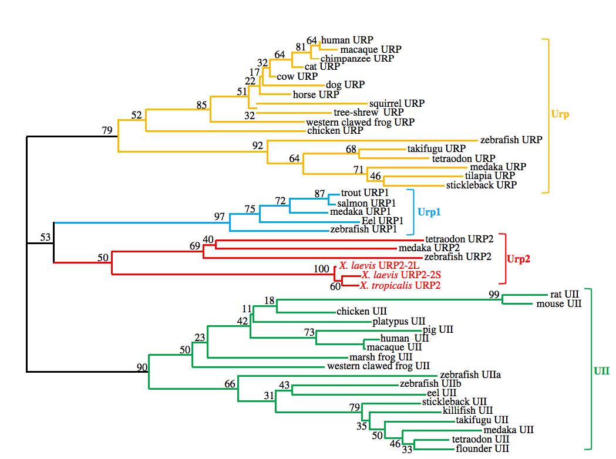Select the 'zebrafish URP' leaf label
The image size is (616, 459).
tap(511, 140)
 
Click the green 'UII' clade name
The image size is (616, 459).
tap(602, 370)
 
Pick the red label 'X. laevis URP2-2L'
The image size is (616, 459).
tap(378, 265)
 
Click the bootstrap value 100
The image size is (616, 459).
tap(322, 269)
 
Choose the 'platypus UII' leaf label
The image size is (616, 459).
tap(399, 321)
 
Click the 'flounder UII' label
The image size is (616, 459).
tap(482, 449)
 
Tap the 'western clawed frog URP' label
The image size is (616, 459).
tap(361, 122)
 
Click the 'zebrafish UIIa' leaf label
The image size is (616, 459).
tap(470, 374)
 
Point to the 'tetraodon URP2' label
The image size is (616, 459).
tap(459, 239)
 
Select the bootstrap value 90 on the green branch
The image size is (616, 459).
tap(142, 367)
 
